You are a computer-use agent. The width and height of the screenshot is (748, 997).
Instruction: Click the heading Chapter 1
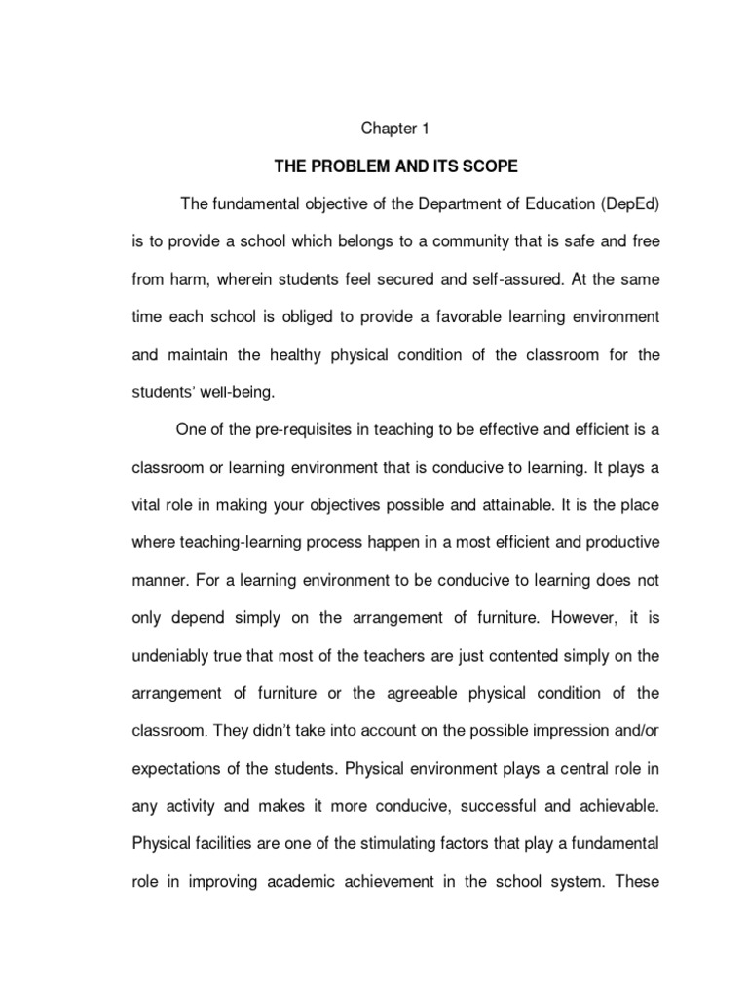(395, 128)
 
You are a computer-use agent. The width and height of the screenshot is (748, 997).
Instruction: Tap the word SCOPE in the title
(487, 167)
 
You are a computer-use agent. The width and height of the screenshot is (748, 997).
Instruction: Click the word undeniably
(170, 656)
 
